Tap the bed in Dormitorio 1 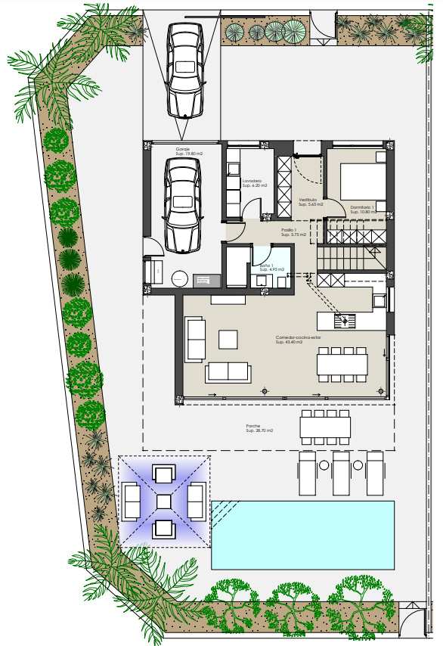click(363, 180)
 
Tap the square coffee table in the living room click(228, 339)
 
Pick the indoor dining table click(341, 365)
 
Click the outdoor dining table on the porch click(325, 428)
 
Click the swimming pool click(302, 534)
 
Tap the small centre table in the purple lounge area click(164, 502)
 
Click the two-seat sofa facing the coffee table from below click(228, 372)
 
